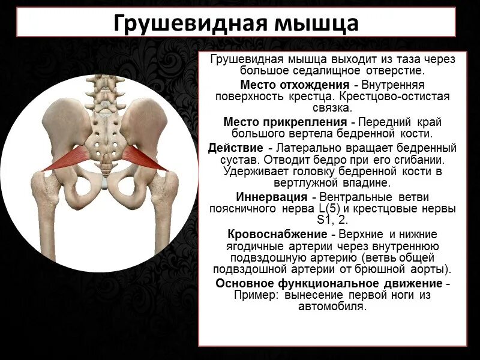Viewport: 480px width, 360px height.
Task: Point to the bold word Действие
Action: pos(235,148)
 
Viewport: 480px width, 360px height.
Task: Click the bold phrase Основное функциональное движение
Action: pos(329,283)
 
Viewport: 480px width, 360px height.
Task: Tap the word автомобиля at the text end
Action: pos(332,307)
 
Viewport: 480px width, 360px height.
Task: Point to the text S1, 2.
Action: pos(332,220)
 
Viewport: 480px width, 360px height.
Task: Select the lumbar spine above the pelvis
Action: pos(106,90)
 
